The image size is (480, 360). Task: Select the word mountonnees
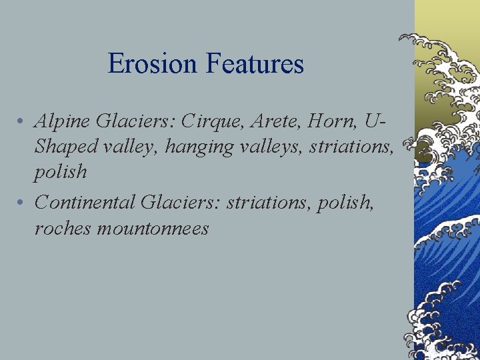coord(153,228)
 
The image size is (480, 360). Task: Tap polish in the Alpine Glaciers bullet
coord(61,172)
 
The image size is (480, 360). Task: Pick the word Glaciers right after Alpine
coord(129,121)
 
